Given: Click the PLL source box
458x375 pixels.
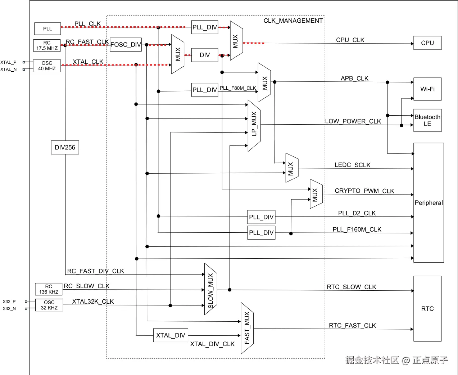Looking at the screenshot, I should coord(47,29).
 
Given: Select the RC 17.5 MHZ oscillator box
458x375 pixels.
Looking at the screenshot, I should coord(47,45).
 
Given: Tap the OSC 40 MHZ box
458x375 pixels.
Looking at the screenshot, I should coord(47,66).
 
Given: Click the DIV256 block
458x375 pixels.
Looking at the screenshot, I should coord(65,147).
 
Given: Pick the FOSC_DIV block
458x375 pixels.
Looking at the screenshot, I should coord(126,45).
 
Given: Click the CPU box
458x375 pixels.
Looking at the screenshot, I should coord(427,43).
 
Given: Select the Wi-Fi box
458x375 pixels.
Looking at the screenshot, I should coord(427,89).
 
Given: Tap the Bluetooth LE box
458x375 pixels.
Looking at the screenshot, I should coord(427,120).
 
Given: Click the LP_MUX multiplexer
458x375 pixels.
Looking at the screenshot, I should coord(254,125).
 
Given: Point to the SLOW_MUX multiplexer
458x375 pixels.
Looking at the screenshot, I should coord(211,289).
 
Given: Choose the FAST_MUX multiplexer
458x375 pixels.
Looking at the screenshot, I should coord(247,328).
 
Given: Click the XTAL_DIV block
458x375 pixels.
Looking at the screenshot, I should coord(171,335).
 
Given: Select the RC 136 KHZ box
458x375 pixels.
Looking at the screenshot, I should coord(49,289).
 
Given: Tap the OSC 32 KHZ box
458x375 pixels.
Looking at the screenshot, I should coord(49,305).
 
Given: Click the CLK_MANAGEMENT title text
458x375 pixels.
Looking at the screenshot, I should coord(293,21).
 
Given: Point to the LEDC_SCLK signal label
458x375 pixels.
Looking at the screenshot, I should coord(352,165).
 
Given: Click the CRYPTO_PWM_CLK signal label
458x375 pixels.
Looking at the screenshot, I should coord(364,191).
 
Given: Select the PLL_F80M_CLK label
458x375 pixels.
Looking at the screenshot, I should coord(238,88).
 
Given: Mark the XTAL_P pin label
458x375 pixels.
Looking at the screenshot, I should coord(8,62).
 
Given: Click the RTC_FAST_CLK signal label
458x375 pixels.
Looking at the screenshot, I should coord(352,326).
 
